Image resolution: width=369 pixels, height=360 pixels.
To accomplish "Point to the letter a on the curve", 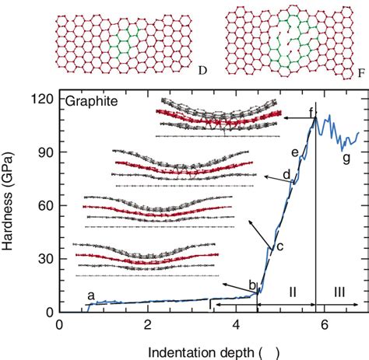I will (90, 295).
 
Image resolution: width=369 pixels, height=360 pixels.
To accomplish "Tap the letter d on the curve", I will (286, 173).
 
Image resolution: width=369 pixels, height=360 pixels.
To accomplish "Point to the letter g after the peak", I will (346, 159).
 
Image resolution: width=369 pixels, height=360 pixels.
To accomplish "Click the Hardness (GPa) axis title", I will (11, 205).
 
